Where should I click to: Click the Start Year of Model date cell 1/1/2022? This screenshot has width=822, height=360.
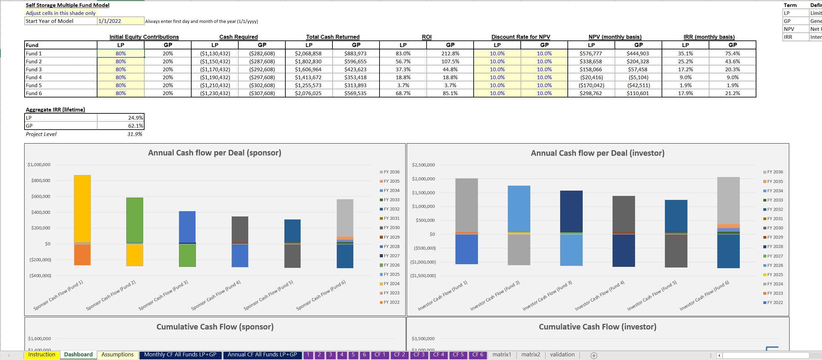click(x=121, y=21)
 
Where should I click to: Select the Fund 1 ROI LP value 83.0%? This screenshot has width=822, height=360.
click(x=403, y=53)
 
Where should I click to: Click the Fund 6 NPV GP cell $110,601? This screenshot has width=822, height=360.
click(x=638, y=93)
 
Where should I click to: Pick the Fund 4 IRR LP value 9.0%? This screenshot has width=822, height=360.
click(x=685, y=77)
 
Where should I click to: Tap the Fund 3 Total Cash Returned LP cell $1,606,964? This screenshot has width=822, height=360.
click(x=308, y=69)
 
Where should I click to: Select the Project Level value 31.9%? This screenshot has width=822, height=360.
click(x=135, y=134)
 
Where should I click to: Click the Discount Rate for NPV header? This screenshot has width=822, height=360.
click(x=520, y=37)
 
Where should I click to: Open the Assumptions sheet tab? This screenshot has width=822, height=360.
click(x=117, y=354)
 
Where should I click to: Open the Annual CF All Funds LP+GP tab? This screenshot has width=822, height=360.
click(x=262, y=354)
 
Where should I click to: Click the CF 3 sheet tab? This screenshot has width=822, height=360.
click(x=419, y=354)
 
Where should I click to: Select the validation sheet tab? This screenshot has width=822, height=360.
click(x=562, y=354)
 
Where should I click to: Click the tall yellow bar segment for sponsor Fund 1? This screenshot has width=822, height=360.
click(x=82, y=209)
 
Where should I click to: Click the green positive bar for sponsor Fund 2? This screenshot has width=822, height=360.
click(x=135, y=220)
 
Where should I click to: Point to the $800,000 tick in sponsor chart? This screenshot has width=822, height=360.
click(x=40, y=180)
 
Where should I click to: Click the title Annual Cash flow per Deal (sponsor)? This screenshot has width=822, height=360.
click(x=214, y=153)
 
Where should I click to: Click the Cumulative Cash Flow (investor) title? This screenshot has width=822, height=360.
click(x=597, y=327)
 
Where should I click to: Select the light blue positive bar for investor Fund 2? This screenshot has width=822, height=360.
click(x=519, y=209)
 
